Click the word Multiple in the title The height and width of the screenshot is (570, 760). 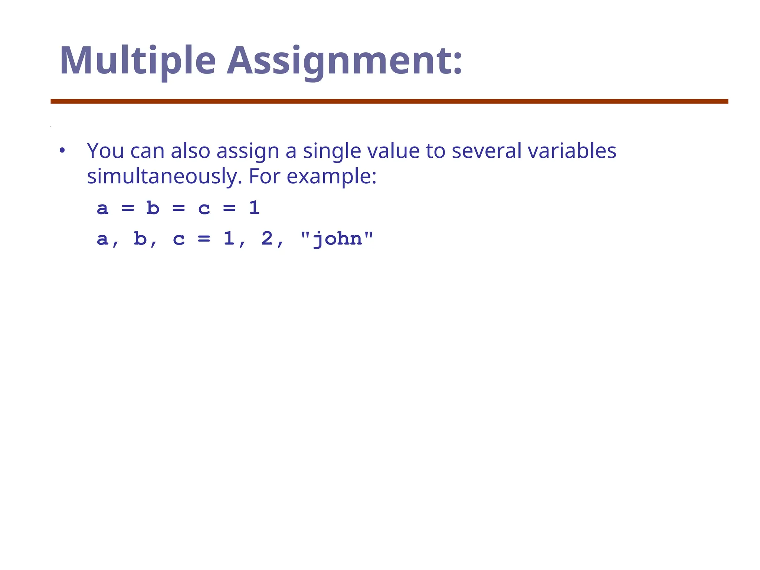point(137,61)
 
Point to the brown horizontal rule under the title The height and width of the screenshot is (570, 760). point(389,101)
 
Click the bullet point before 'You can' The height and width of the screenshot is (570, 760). point(62,151)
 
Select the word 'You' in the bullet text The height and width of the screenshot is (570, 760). point(105,151)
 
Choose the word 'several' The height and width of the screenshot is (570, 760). point(486,151)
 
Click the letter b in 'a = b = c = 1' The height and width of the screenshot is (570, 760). point(153,208)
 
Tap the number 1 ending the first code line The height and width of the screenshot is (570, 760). point(254,208)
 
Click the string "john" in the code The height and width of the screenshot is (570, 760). point(337,239)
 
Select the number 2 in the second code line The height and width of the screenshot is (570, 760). point(267,239)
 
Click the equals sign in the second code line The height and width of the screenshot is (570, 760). point(204,239)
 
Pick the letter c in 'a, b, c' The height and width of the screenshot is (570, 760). point(178,239)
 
